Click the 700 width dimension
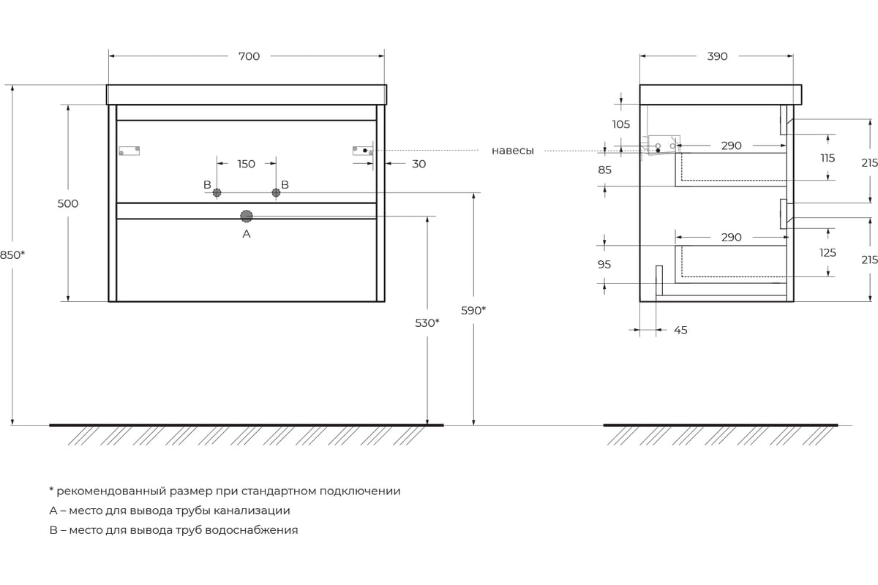click(249, 56)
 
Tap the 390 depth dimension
click(717, 56)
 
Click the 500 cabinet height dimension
click(67, 203)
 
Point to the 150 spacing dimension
click(247, 164)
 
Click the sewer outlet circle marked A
click(247, 216)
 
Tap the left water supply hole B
click(217, 192)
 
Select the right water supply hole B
click(276, 192)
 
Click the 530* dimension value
click(427, 322)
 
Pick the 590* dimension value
click(473, 310)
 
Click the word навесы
click(512, 151)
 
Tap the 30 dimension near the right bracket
click(419, 164)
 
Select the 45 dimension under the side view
click(680, 331)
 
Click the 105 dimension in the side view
click(620, 124)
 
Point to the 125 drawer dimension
click(828, 253)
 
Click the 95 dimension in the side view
click(604, 265)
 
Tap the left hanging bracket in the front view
click(130, 151)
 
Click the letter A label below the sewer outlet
click(247, 234)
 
